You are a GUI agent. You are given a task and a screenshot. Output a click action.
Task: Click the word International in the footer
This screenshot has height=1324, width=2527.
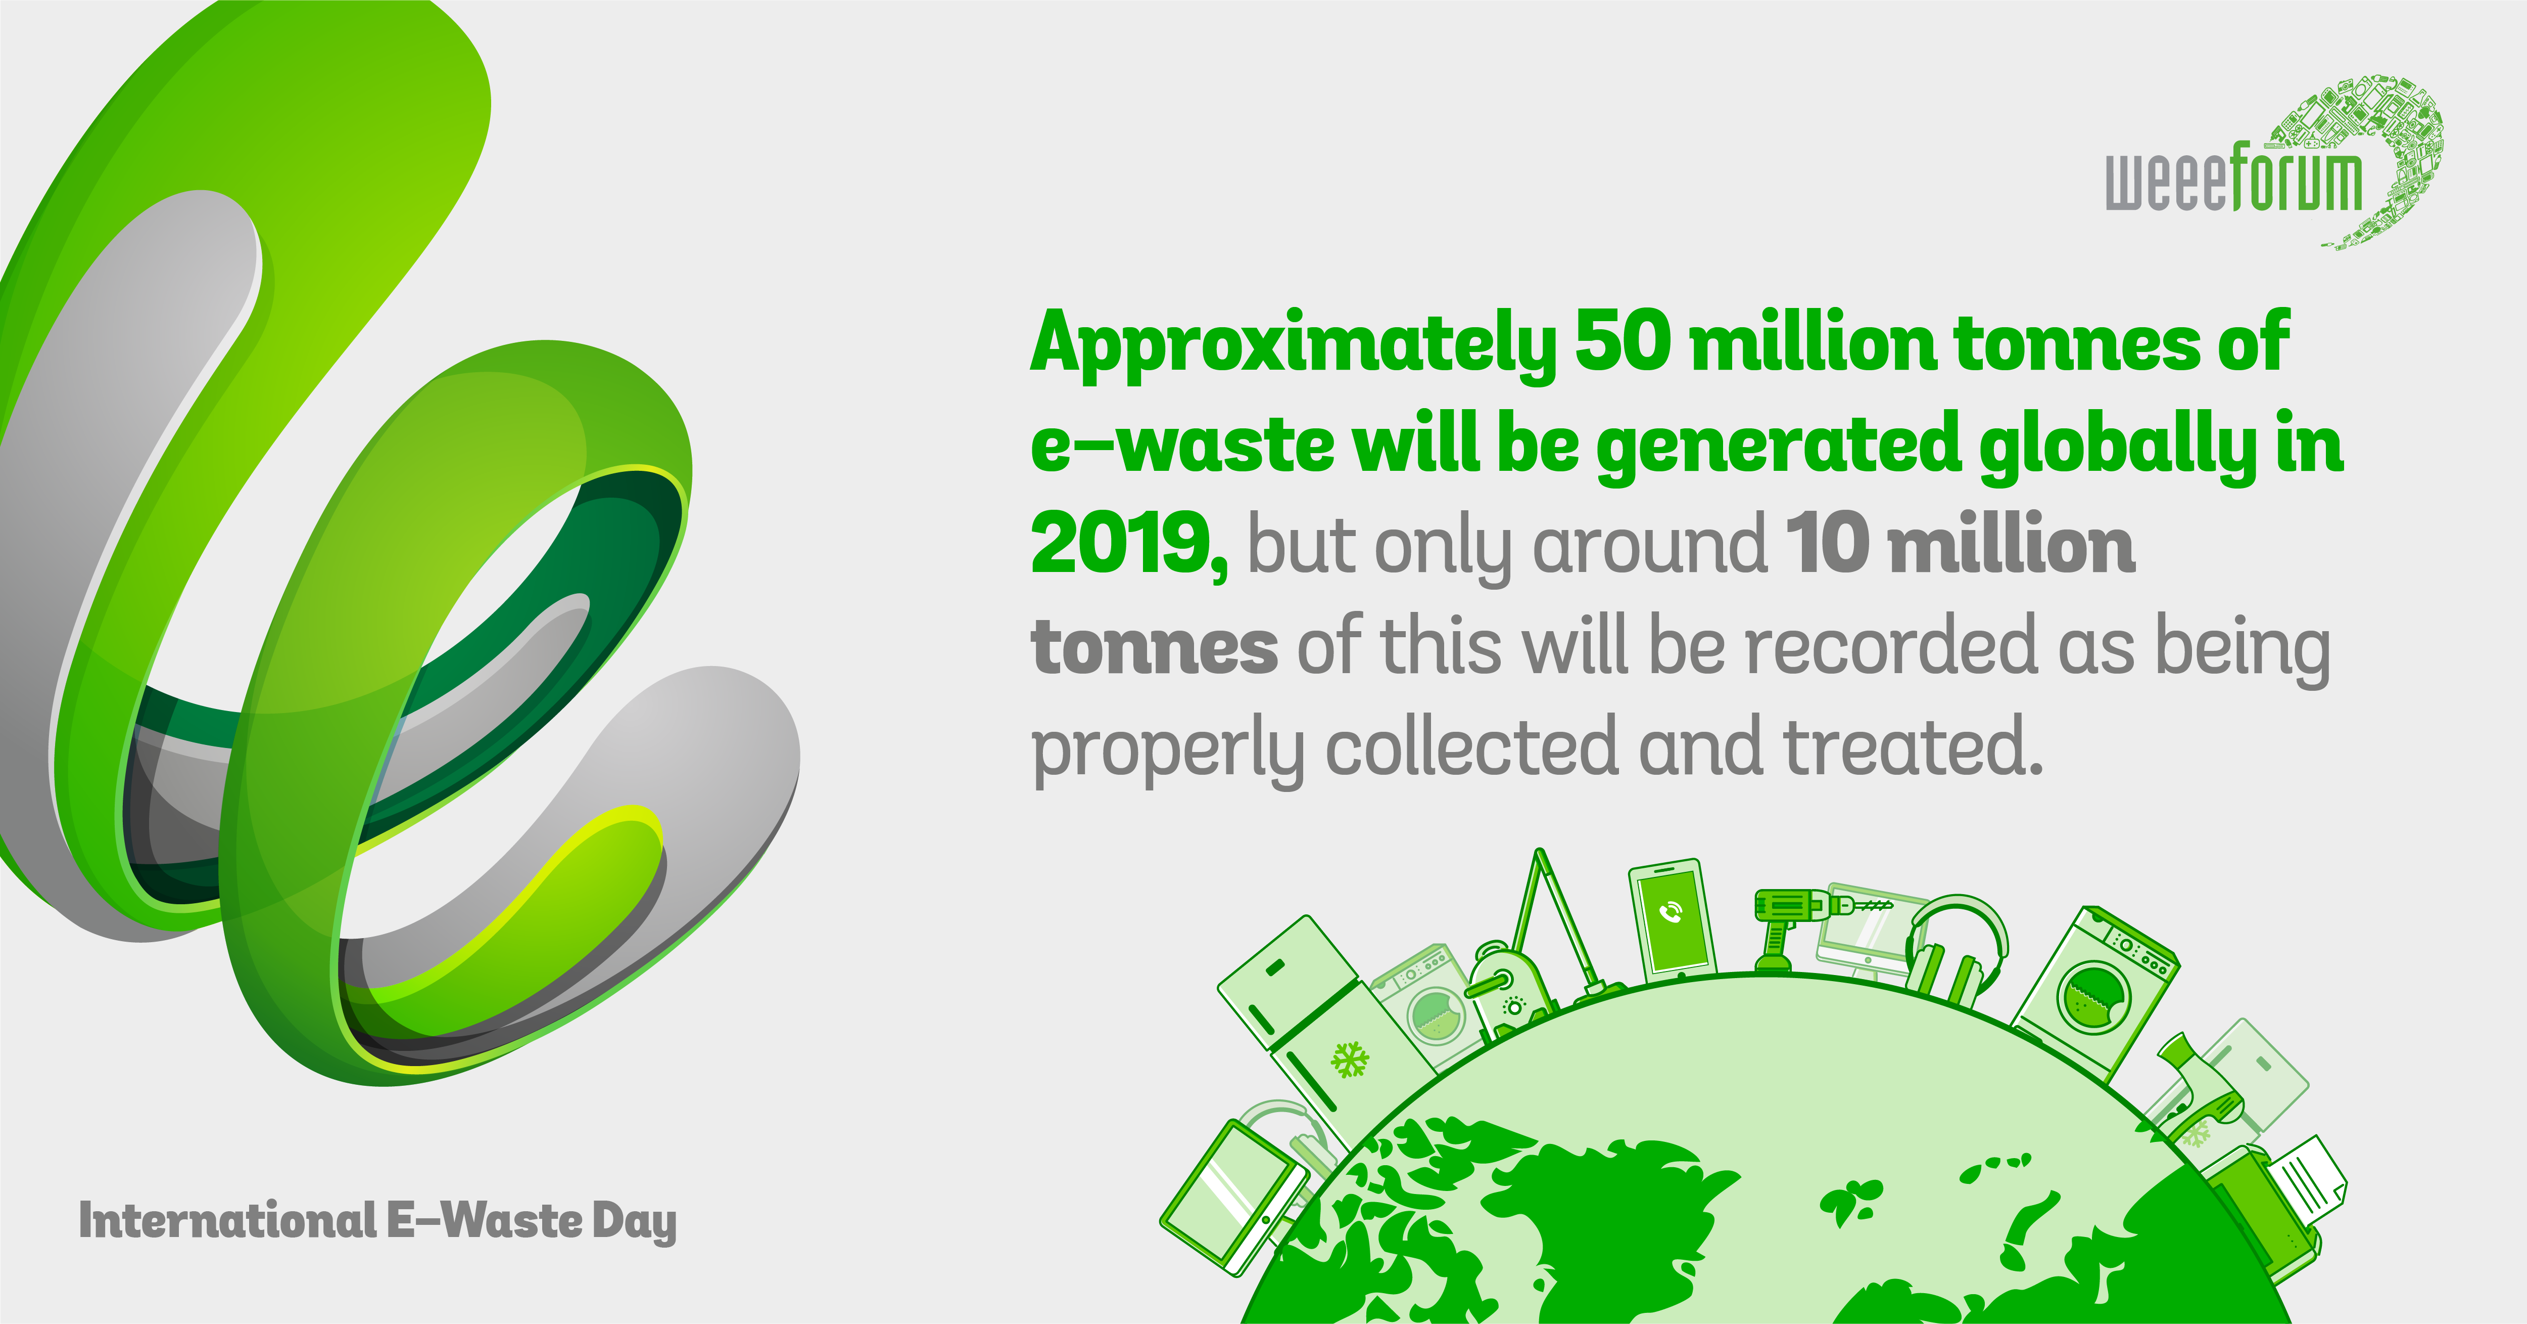tap(227, 1220)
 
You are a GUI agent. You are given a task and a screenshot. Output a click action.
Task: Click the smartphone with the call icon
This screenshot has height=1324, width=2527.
tap(1672, 919)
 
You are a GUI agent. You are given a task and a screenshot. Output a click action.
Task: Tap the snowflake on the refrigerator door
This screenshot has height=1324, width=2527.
tap(1349, 1060)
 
